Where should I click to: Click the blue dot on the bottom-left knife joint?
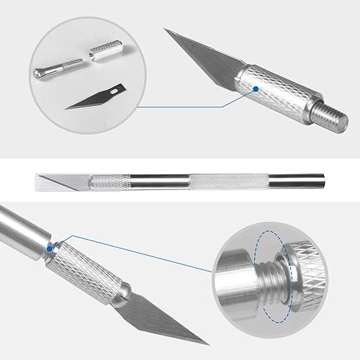(x=50, y=248)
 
